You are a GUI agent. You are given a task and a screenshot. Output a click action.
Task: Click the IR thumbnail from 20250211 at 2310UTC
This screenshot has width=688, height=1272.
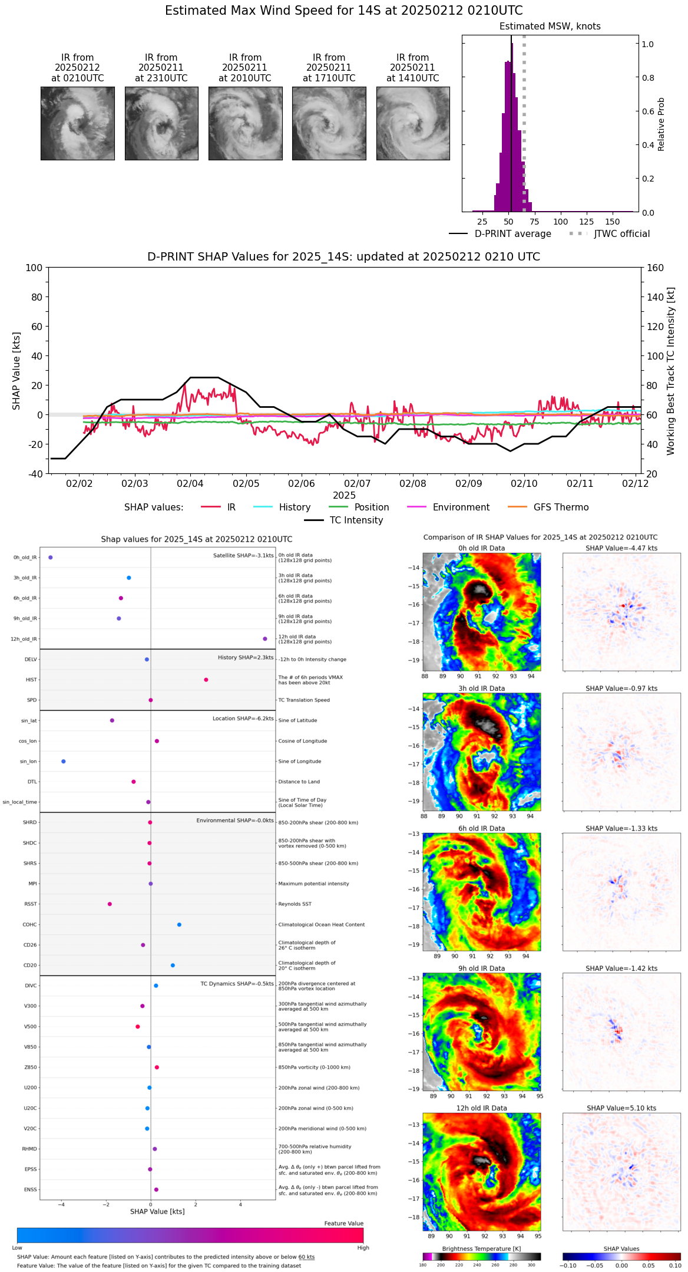tap(161, 123)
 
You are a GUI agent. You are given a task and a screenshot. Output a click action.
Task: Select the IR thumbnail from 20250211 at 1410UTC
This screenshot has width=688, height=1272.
tap(413, 123)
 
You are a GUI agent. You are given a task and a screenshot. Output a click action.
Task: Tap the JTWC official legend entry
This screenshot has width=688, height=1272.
tap(621, 234)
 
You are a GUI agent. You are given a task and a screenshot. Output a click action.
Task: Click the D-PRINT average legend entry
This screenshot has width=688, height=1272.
tap(512, 234)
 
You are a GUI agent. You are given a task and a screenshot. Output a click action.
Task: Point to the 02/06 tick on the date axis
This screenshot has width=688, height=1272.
tap(302, 483)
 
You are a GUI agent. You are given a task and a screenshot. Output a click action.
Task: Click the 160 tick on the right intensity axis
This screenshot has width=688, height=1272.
tap(655, 268)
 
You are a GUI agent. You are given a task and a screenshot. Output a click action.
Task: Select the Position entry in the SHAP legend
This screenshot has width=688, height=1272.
tap(371, 508)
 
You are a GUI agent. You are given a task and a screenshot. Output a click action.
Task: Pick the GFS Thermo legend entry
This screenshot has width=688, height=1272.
tap(561, 508)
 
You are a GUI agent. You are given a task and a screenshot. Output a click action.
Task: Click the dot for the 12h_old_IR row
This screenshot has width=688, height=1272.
tap(265, 639)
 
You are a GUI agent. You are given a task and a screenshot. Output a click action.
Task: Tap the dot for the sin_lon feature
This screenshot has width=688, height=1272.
tap(64, 762)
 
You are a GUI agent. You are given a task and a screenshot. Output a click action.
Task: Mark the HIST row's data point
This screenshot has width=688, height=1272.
tap(206, 680)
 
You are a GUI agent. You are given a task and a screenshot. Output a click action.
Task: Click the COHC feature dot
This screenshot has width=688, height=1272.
tap(179, 925)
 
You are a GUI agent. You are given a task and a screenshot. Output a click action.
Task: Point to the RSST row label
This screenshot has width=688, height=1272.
tap(31, 904)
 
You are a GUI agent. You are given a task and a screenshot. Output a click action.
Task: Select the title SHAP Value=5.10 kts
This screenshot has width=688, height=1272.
tap(621, 1108)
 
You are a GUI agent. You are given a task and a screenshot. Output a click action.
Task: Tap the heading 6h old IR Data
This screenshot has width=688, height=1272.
tap(481, 828)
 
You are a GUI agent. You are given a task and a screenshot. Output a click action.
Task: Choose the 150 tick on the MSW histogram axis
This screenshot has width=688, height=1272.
tap(613, 222)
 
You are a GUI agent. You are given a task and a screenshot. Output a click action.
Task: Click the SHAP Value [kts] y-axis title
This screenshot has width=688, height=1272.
tap(16, 371)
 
